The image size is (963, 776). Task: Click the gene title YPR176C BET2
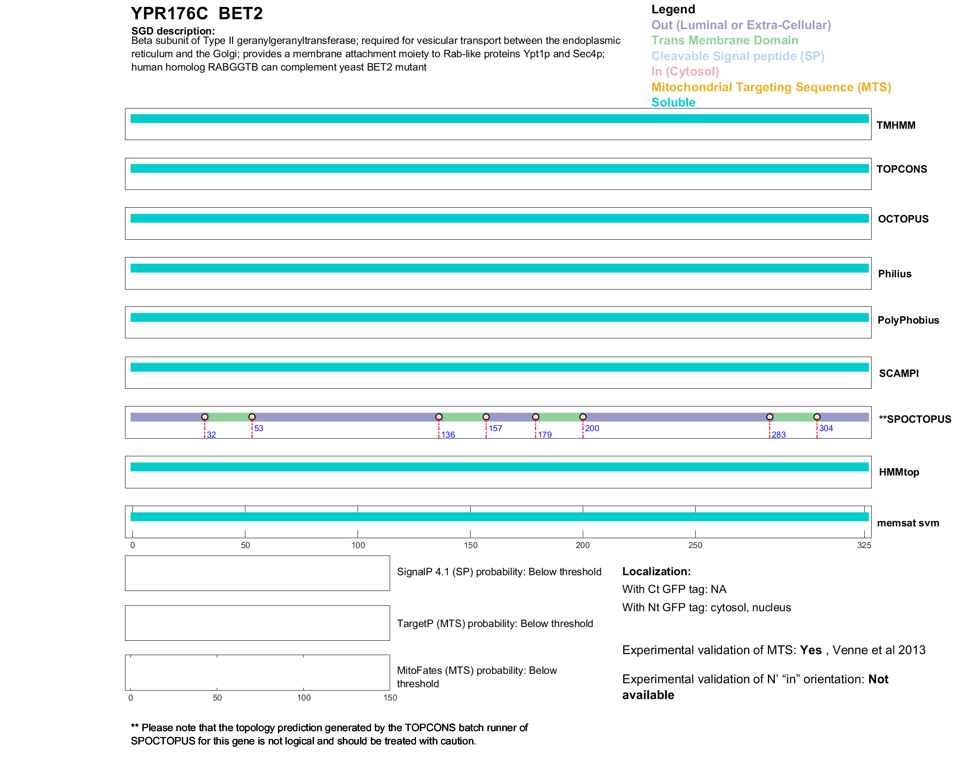[197, 14]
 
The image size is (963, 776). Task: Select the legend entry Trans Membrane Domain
[724, 40]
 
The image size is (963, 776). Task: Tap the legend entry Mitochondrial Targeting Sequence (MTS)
[771, 87]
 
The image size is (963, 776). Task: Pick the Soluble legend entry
[673, 103]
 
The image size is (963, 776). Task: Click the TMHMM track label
[896, 125]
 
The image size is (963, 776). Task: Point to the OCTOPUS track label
[903, 219]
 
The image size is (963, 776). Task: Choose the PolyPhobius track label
[908, 320]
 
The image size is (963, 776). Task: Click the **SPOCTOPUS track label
[915, 419]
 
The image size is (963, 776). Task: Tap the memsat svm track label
[908, 523]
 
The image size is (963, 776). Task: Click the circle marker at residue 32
[204, 417]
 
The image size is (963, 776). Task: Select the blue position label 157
[495, 428]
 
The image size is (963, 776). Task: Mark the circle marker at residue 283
[769, 417]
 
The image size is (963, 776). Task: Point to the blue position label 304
[826, 428]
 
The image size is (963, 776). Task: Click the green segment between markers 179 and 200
[559, 417]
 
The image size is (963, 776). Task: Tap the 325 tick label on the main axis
[864, 545]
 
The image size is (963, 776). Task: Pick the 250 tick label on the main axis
[695, 545]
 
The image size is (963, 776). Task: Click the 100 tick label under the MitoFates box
[304, 698]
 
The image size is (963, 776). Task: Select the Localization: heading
[656, 571]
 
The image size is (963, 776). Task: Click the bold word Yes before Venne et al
[810, 650]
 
